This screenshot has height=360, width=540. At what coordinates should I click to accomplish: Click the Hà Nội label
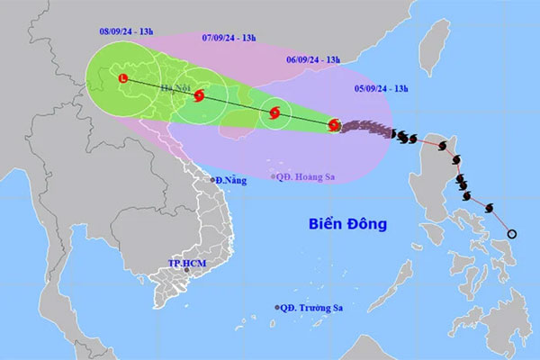point(175,87)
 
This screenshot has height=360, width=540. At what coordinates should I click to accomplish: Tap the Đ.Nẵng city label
point(230,181)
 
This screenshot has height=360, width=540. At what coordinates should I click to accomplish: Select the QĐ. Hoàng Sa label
point(306,175)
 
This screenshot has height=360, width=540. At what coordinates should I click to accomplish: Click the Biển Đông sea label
point(346,222)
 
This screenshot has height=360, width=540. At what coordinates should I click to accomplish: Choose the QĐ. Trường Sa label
point(311,308)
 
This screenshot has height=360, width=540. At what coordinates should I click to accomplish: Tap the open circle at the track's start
point(512,235)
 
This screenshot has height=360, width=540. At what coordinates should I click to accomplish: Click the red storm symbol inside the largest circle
point(197,95)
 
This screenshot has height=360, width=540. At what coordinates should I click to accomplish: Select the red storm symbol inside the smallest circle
point(275,113)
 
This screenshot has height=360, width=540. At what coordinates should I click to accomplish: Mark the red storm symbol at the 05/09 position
point(335,125)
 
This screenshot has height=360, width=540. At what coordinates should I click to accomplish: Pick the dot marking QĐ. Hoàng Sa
point(274,176)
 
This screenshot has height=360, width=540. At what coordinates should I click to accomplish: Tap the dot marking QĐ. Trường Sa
point(277,308)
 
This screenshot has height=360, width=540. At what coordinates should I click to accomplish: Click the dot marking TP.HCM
point(187,270)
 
